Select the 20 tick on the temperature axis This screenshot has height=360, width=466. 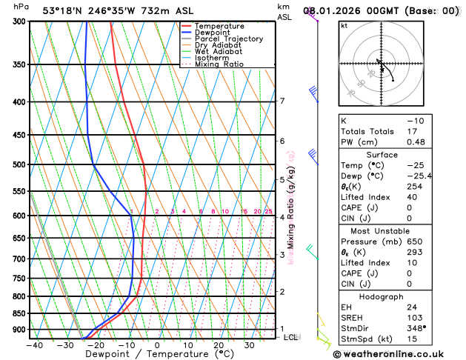coord(219,344)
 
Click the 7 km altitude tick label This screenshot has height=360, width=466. coord(282,101)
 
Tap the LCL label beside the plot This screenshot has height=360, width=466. coord(290,337)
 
